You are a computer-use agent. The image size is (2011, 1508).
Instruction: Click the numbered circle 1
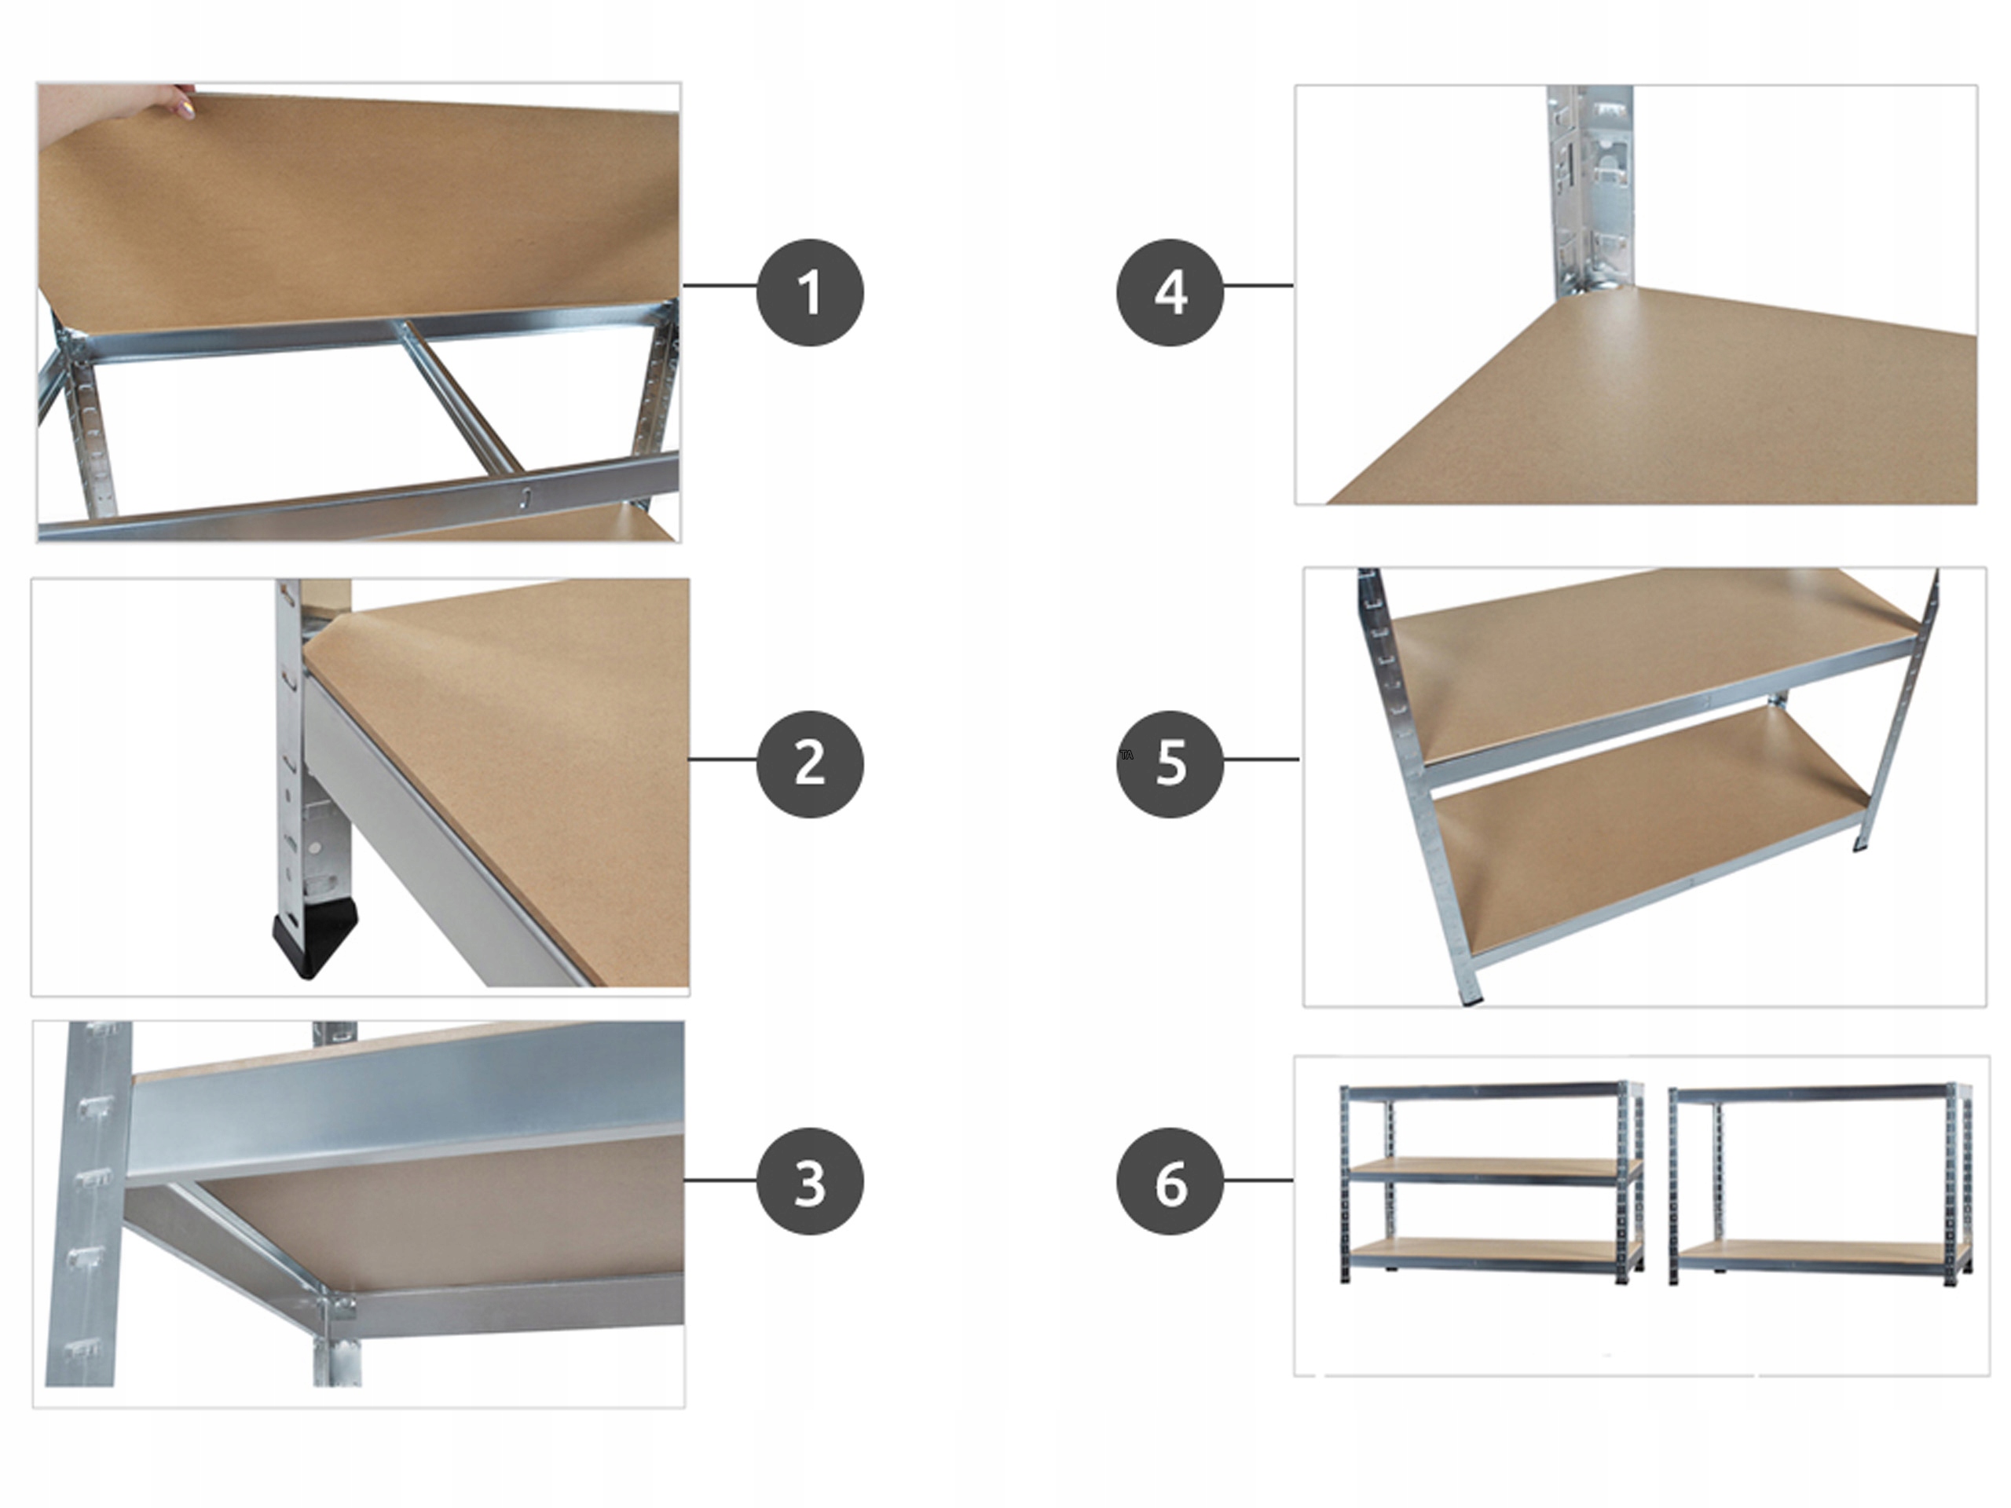[x=809, y=292]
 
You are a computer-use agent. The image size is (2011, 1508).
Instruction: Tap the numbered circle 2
[x=809, y=763]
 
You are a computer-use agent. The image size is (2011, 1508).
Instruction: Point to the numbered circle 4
[x=1169, y=292]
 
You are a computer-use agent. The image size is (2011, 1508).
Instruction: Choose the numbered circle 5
[x=1169, y=763]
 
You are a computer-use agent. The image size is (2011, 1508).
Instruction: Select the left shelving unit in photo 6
[x=1491, y=1182]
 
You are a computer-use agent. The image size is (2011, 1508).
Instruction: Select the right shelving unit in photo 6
[x=1820, y=1182]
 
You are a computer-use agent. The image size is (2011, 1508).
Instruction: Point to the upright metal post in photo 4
[x=1591, y=191]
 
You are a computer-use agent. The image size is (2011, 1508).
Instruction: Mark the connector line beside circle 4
[x=1258, y=285]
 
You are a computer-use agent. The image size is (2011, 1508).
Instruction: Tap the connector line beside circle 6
[x=1258, y=1180]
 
